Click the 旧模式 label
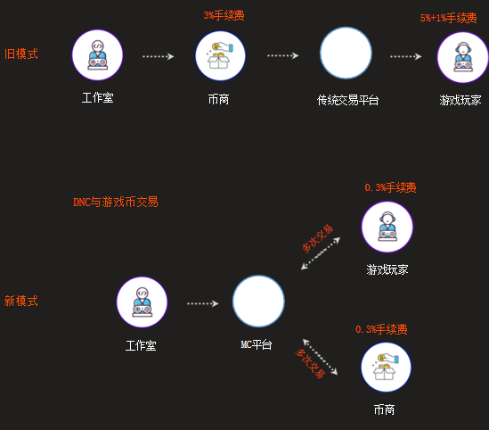pyautogui.click(x=21, y=54)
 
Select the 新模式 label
pyautogui.click(x=21, y=301)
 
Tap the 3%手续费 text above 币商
pyautogui.click(x=224, y=15)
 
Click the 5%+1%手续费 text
pyautogui.click(x=448, y=18)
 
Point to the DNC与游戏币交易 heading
pyautogui.click(x=116, y=202)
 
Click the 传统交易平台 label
pyautogui.click(x=347, y=100)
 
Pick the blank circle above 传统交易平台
pyautogui.click(x=346, y=53)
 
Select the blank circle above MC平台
pyautogui.click(x=258, y=301)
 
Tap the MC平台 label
pyautogui.click(x=257, y=344)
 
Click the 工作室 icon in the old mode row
pyautogui.click(x=98, y=55)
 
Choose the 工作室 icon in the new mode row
pyautogui.click(x=142, y=302)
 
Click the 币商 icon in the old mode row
pyautogui.click(x=221, y=55)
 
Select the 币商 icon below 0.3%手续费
pyautogui.click(x=386, y=367)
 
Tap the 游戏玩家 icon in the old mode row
pyautogui.click(x=463, y=57)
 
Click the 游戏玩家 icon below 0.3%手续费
pyautogui.click(x=387, y=227)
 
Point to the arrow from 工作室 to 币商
pyautogui.click(x=159, y=56)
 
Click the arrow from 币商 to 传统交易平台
pyautogui.click(x=283, y=55)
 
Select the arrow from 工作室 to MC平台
pyautogui.click(x=203, y=303)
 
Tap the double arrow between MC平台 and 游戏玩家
pyautogui.click(x=321, y=253)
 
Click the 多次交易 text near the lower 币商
pyautogui.click(x=310, y=363)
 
